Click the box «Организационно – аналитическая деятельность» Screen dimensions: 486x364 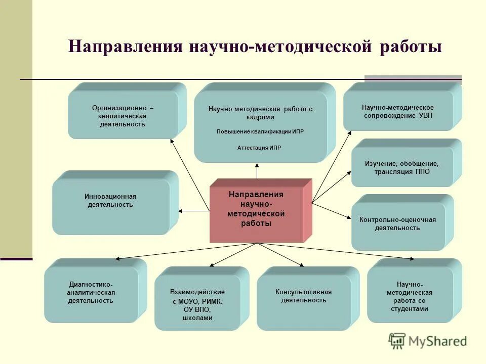123,116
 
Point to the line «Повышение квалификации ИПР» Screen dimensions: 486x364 260,131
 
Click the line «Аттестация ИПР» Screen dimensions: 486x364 259,148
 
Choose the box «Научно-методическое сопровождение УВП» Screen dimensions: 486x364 398,111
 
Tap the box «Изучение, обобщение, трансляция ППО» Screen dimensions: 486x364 402,167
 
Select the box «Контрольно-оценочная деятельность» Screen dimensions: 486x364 397,223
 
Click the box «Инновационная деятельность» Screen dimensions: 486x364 110,201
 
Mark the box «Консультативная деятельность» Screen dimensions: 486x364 303,296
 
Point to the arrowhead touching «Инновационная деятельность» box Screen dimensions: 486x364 181,210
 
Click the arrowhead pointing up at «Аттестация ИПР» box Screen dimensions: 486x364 257,165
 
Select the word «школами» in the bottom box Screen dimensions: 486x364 197,318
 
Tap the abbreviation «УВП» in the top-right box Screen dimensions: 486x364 426,115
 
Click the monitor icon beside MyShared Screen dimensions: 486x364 397,340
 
